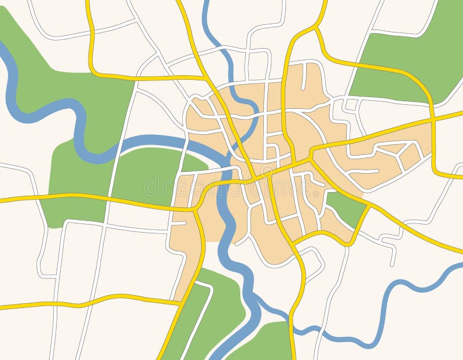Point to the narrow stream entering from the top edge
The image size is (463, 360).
point(208,23)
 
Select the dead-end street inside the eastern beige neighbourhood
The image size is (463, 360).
point(365,171)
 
